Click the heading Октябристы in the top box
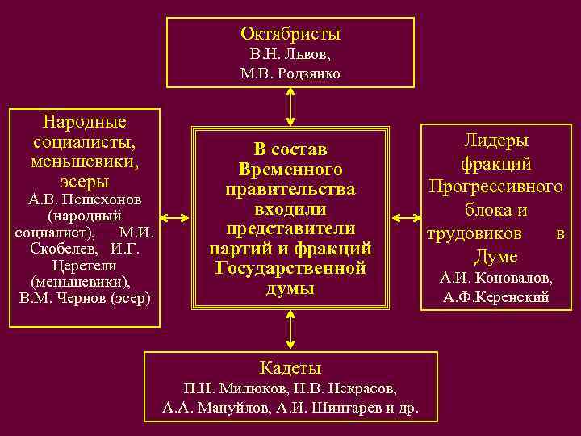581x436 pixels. pos(290,34)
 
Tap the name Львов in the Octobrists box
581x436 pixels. pos(308,54)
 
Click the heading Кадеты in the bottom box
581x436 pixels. pos(290,368)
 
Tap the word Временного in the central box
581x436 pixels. pos(290,170)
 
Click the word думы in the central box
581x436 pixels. pos(290,288)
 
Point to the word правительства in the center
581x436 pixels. pos(290,189)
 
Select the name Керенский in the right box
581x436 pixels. pos(509,297)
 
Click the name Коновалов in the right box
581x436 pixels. pos(513,278)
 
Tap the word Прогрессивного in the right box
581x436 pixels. pos(495,187)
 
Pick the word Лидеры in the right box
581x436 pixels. pos(495,140)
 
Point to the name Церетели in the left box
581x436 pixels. pos(84,265)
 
